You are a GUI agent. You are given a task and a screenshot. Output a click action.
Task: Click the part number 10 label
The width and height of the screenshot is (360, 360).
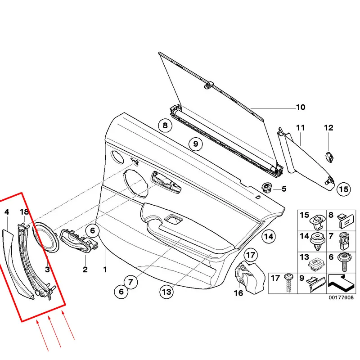[300, 107]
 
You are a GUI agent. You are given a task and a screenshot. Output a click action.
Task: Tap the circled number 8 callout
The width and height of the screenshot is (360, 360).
[165, 126]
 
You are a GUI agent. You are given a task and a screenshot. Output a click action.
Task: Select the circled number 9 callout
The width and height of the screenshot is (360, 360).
[195, 144]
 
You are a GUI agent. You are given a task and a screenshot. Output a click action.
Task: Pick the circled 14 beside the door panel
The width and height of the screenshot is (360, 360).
[268, 236]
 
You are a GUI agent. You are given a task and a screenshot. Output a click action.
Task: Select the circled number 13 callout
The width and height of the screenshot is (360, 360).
[166, 292]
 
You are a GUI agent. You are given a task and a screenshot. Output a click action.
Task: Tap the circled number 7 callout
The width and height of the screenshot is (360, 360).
[130, 283]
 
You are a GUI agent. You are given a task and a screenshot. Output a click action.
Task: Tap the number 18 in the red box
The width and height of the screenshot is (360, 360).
[24, 211]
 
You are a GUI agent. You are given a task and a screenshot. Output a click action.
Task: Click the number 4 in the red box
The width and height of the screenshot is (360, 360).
[6, 211]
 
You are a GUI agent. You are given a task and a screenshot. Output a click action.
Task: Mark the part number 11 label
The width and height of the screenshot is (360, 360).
[300, 128]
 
